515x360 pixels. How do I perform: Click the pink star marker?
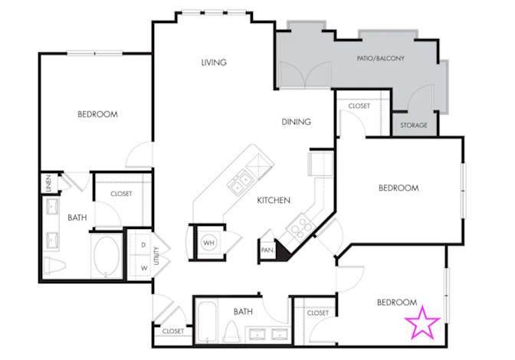click(x=422, y=322)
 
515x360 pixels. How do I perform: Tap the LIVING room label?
click(x=214, y=62)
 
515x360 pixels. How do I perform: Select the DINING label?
click(x=297, y=122)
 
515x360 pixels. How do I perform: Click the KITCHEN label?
click(x=274, y=200)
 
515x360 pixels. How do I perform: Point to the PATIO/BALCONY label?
click(x=381, y=58)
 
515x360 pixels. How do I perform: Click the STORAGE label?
click(x=414, y=126)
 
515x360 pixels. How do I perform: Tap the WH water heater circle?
click(x=209, y=243)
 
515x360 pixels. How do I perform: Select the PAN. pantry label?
click(x=267, y=250)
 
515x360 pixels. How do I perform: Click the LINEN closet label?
click(x=48, y=183)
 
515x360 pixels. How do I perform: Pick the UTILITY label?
click(x=156, y=256)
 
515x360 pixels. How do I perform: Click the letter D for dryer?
click(x=143, y=245)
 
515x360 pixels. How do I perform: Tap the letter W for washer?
click(x=144, y=268)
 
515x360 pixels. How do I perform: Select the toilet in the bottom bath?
click(x=231, y=332)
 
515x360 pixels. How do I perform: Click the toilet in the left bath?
click(x=54, y=264)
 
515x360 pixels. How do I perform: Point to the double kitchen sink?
click(x=240, y=184)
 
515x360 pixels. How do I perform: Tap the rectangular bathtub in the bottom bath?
click(x=207, y=322)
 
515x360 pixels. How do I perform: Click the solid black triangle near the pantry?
click(x=282, y=250)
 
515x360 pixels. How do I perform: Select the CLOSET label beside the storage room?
click(x=359, y=106)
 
